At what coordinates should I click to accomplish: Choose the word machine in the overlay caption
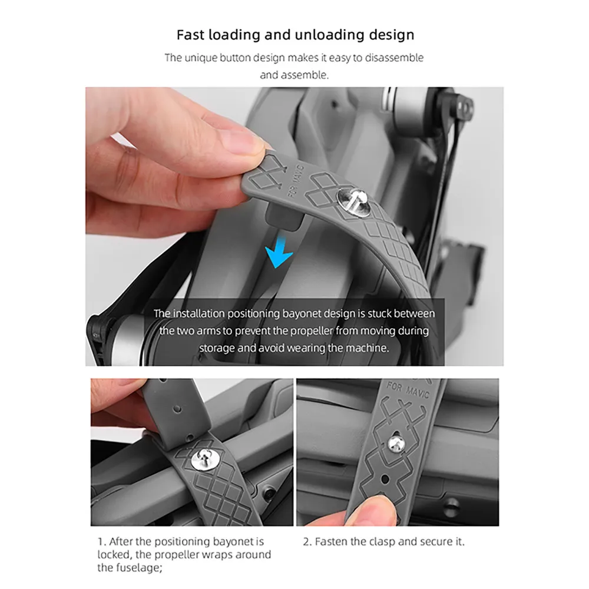[x=365, y=348]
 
